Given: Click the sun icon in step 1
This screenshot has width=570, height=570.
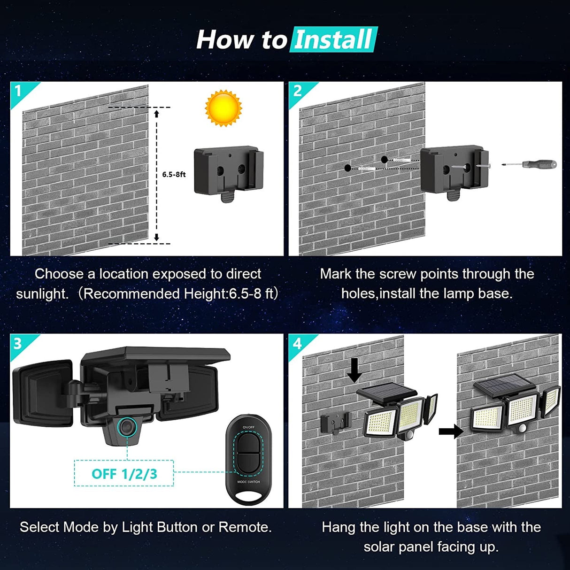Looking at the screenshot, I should coord(223,108).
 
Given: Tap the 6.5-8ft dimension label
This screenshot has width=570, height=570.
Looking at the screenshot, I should coord(174,174).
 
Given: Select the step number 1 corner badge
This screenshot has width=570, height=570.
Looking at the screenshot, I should coord(19,90).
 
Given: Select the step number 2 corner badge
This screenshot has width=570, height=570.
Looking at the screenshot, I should coord(297,90).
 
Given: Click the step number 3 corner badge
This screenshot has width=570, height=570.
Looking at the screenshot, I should coord(18,343).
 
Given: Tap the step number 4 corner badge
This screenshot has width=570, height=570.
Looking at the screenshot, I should coord(297,343).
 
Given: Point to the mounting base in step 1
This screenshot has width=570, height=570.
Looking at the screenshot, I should coord(228,173).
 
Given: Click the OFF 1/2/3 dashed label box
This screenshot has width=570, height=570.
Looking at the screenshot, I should coord(124,473).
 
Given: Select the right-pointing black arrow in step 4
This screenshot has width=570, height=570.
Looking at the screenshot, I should coord(450,431).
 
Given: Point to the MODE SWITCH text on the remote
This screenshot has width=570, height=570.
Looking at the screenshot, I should coord(248,482).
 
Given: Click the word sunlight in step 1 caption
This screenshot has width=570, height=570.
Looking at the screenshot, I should coord(42,294).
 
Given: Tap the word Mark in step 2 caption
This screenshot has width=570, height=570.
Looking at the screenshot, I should coord(335,274).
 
